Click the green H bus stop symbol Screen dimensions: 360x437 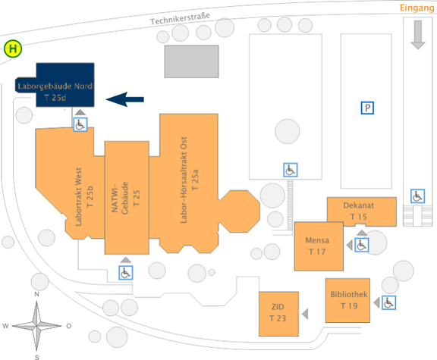tap(13, 50)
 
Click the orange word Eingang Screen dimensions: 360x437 tap(416, 8)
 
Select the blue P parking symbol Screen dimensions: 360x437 tap(367, 108)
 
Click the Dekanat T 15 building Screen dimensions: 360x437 tap(361, 211)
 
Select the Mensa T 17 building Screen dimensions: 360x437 tap(317, 246)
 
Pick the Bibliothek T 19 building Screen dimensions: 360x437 tap(348, 299)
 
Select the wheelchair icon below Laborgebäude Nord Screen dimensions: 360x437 tap(80, 124)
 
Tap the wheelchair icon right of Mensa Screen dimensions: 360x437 tap(361, 246)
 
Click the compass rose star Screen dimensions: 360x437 tap(37, 326)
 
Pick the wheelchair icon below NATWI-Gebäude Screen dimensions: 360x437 tap(125, 273)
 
